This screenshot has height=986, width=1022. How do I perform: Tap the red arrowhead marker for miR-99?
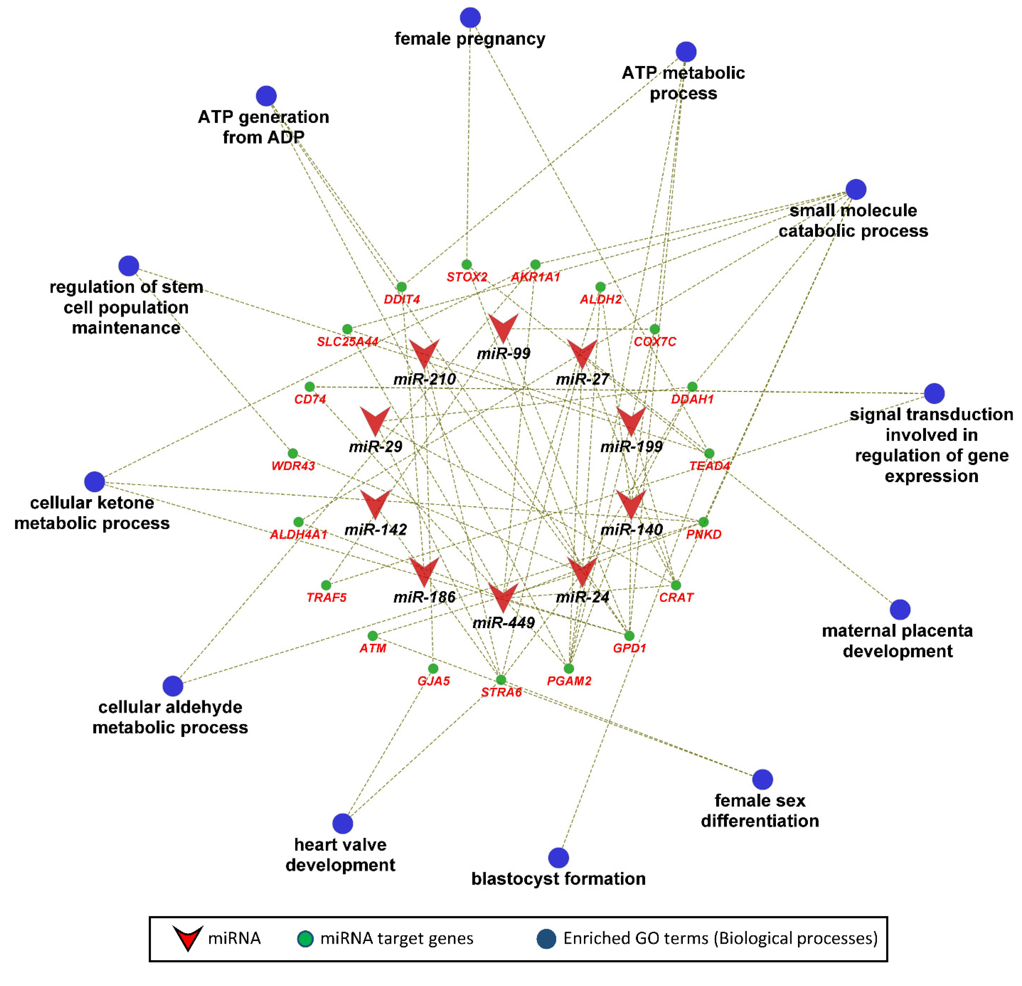point(503,327)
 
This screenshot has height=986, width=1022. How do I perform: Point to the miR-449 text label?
point(503,623)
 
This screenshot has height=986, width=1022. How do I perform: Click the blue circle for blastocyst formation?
point(558,858)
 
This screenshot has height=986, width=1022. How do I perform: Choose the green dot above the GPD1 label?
point(629,636)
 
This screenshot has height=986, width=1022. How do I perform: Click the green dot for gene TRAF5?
point(326,585)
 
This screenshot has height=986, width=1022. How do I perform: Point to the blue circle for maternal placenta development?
point(900,609)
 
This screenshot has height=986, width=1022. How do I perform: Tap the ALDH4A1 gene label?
point(298,534)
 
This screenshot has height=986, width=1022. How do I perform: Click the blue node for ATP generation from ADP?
point(266,96)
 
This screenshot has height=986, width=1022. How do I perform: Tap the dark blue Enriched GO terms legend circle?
point(546,939)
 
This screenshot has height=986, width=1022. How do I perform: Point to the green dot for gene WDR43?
point(292,453)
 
